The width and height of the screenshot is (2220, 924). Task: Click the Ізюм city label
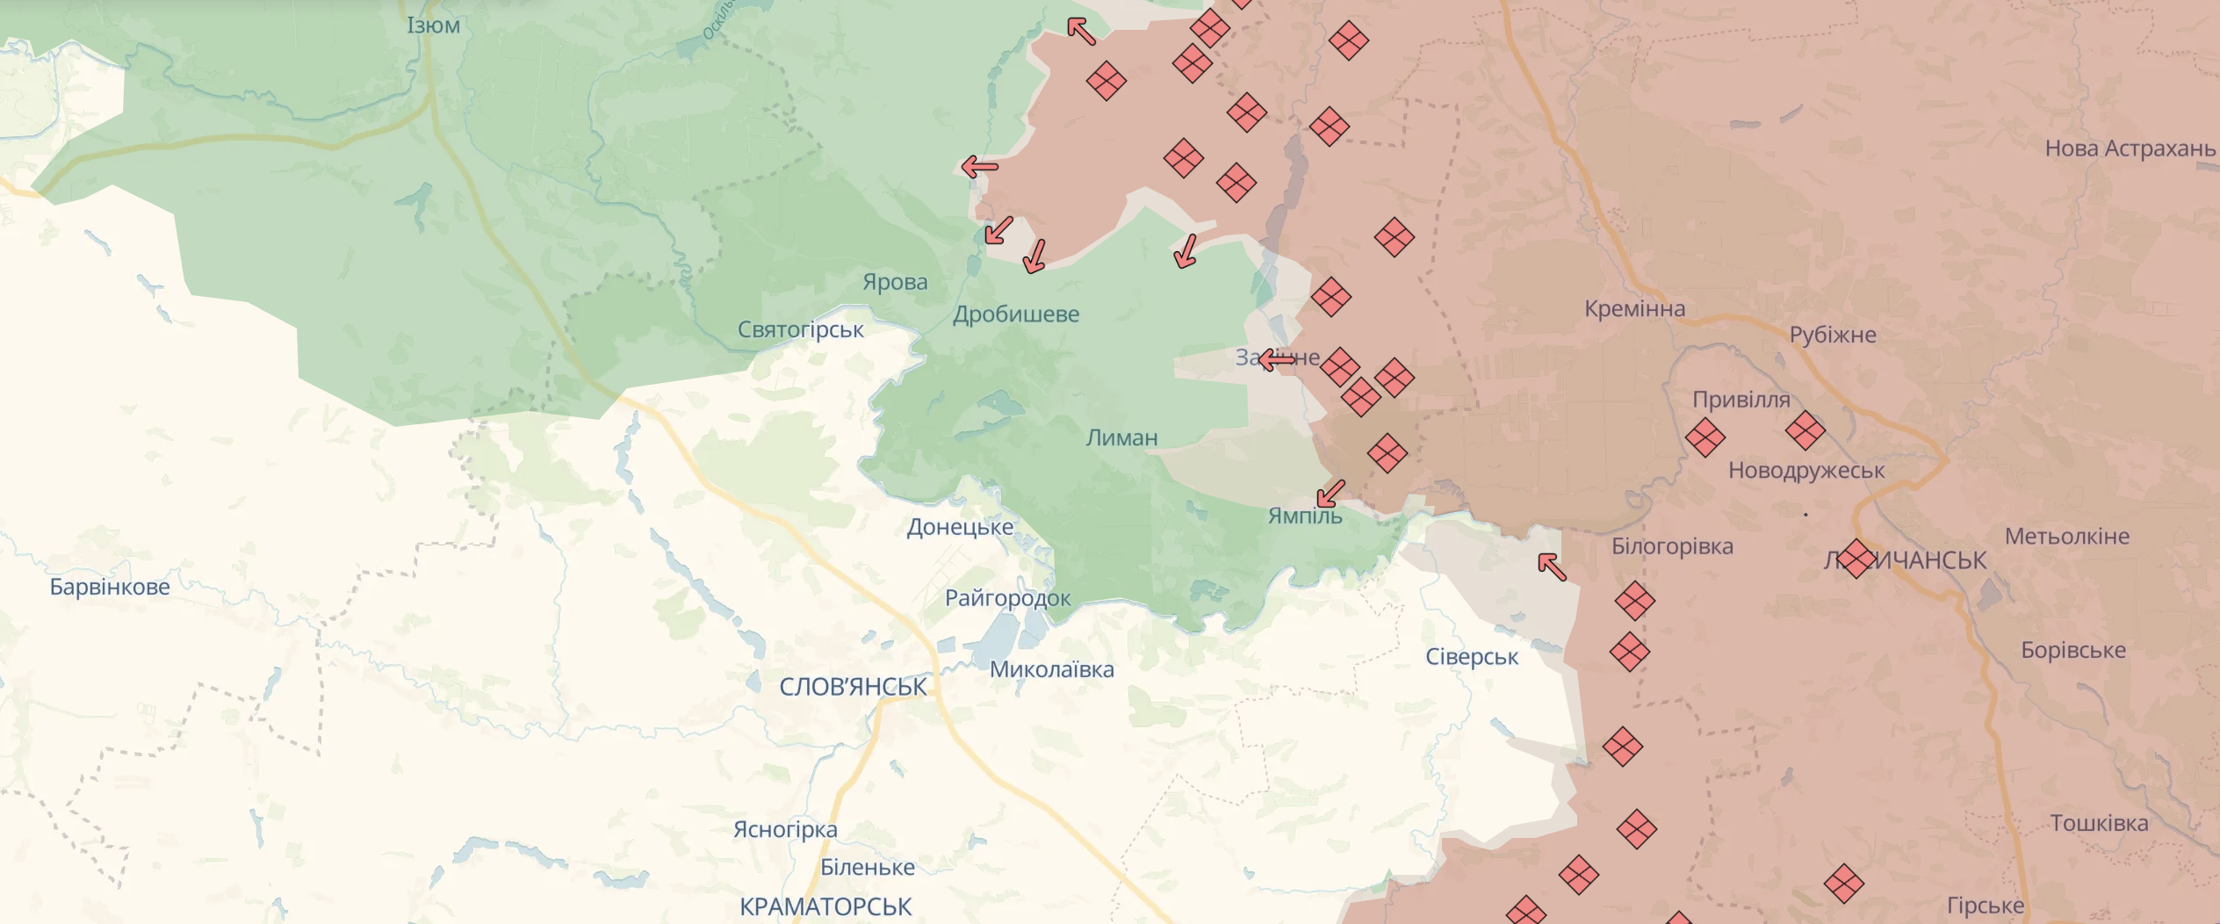click(433, 25)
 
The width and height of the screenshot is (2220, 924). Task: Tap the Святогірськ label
click(800, 329)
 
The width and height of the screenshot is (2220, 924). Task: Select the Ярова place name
click(895, 282)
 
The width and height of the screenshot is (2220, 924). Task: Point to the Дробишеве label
click(1016, 314)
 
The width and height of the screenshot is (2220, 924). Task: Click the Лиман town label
click(1121, 437)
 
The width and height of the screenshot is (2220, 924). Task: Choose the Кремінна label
click(1634, 309)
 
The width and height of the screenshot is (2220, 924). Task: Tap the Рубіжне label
click(1833, 335)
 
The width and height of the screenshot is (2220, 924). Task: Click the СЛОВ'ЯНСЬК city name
click(853, 687)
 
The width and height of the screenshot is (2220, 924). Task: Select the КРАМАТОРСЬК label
click(825, 906)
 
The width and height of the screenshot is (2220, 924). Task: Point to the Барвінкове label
click(110, 587)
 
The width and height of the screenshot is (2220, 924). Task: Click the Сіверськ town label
click(1472, 657)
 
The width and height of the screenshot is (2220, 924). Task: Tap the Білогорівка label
click(1672, 546)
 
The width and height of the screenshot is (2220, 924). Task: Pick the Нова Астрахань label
click(2130, 148)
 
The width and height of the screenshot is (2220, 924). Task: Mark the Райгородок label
click(1007, 598)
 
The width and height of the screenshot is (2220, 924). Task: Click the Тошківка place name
click(2099, 823)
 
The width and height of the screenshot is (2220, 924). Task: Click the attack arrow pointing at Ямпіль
click(1330, 494)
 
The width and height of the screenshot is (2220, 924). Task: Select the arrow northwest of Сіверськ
click(1552, 567)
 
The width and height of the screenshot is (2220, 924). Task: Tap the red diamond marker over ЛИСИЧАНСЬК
click(1856, 559)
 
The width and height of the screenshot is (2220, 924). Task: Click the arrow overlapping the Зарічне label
click(1277, 358)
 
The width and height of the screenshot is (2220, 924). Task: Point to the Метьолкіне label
click(2066, 536)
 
